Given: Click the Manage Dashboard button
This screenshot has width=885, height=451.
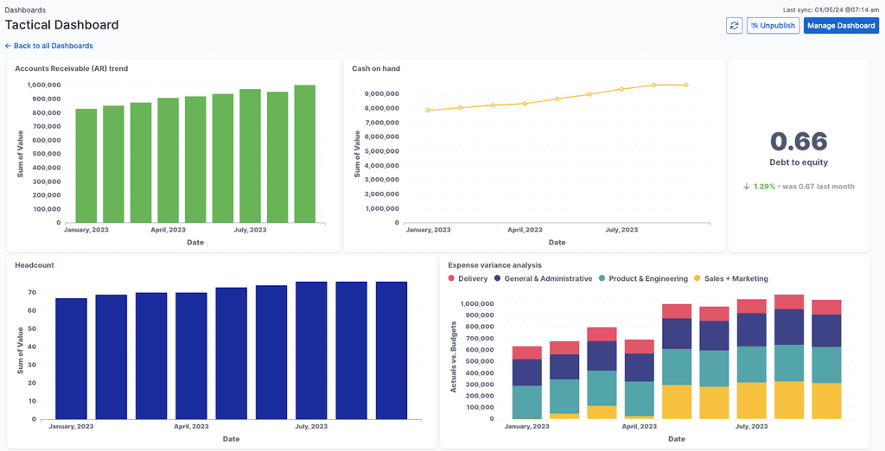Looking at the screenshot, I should [x=841, y=26].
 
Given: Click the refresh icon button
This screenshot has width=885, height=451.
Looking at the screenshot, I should [x=734, y=26].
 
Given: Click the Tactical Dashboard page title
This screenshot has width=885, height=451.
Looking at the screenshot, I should [x=62, y=25].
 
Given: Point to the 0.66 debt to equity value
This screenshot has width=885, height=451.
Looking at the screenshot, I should [x=799, y=142].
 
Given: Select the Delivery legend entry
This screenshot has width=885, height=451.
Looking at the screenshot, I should [x=468, y=278].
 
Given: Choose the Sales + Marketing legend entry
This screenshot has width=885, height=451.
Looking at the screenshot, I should [x=732, y=278].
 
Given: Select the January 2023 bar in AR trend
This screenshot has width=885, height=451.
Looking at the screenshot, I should [x=86, y=165].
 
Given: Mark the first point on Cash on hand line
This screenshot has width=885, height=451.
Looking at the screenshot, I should [x=428, y=111].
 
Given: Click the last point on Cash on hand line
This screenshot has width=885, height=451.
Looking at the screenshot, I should [x=686, y=85].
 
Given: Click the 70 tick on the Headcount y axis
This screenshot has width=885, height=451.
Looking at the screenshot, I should [x=31, y=293].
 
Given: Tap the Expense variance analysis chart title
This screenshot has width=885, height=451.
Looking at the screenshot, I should [x=495, y=264].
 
